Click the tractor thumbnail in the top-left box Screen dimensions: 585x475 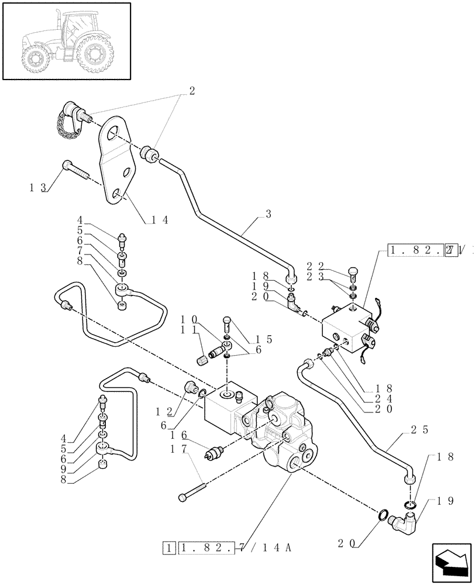click(x=66, y=41)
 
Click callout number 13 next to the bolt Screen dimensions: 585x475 click(x=37, y=187)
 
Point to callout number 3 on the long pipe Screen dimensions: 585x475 click(x=268, y=214)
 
